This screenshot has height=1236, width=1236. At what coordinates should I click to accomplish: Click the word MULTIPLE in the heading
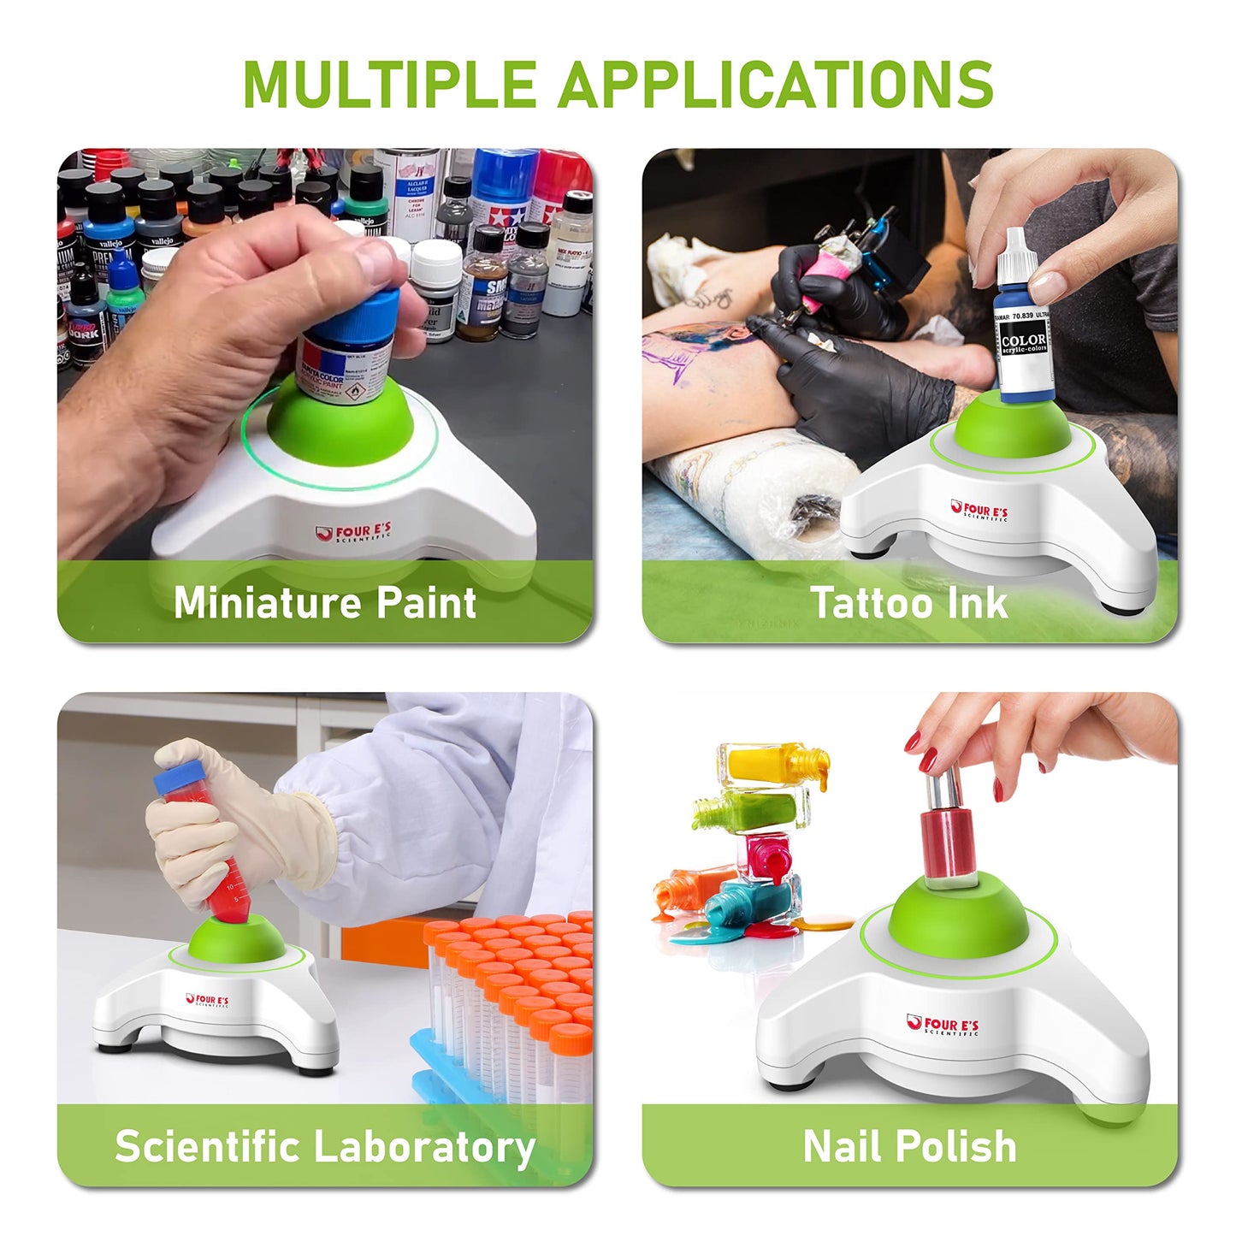(389, 84)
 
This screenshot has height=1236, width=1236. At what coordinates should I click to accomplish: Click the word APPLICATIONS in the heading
(776, 84)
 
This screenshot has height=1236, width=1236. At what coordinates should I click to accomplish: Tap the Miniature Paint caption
(325, 602)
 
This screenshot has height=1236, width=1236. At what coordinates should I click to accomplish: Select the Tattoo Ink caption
(909, 602)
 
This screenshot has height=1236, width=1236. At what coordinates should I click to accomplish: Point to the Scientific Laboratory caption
(325, 1146)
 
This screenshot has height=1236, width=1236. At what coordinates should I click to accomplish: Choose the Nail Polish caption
(909, 1146)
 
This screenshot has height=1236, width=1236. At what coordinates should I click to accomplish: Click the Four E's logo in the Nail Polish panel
(943, 1026)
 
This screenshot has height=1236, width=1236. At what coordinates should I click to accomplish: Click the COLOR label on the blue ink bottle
(1024, 342)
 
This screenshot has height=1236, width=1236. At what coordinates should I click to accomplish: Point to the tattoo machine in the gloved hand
(864, 257)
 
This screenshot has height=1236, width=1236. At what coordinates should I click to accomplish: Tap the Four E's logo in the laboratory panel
(207, 1000)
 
